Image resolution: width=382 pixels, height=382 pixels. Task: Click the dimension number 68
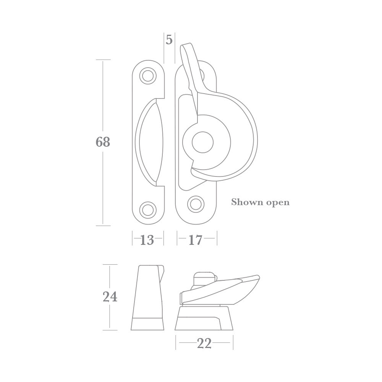coord(103,142)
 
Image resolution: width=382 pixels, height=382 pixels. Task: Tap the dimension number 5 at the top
coord(169,39)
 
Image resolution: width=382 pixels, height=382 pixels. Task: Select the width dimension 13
coord(147,240)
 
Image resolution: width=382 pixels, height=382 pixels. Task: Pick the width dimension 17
coord(195,240)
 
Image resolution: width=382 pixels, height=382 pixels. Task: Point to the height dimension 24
coord(110,296)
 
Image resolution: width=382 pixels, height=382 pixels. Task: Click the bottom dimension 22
coord(204,343)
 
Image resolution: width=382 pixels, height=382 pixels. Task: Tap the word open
coord(276,202)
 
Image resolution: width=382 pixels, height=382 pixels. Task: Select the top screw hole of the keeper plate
coord(148,76)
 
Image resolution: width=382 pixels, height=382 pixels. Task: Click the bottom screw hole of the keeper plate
coord(148,209)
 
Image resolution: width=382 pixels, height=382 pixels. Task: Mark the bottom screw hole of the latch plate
coord(196,204)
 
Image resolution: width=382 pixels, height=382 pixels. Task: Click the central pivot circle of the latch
coord(202,143)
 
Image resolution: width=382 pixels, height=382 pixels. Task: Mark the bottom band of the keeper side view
coord(147,324)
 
